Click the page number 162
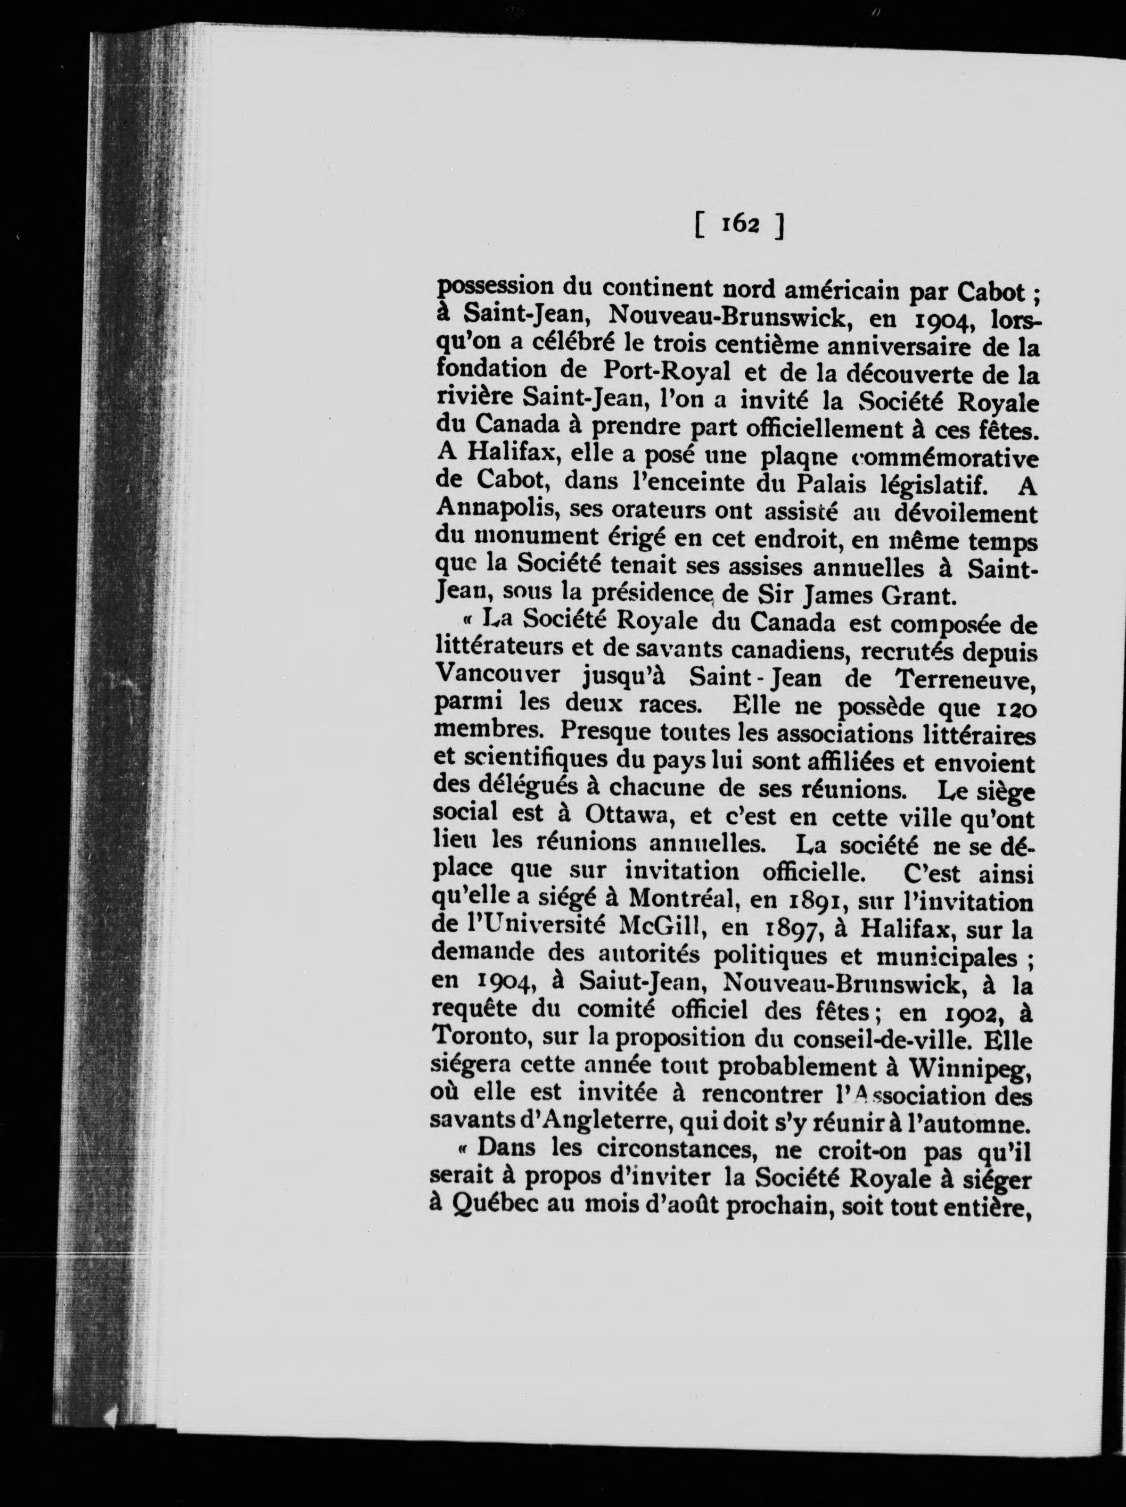(739, 224)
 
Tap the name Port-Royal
(667, 371)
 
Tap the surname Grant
(919, 595)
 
